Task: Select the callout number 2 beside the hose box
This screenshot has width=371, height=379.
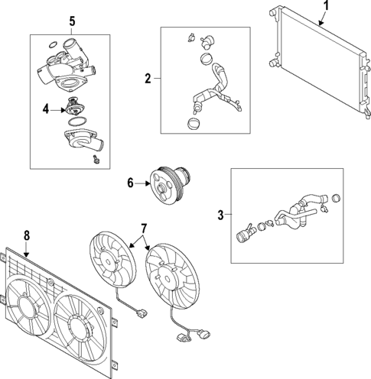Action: click(x=148, y=77)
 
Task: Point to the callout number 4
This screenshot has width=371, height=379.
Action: click(x=46, y=109)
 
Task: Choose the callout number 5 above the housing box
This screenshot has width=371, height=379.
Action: click(x=72, y=21)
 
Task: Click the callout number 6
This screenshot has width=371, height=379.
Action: click(x=130, y=183)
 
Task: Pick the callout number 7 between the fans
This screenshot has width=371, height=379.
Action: click(x=142, y=228)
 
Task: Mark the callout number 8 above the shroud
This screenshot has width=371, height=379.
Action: click(x=27, y=236)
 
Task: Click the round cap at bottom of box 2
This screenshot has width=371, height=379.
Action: click(x=195, y=121)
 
